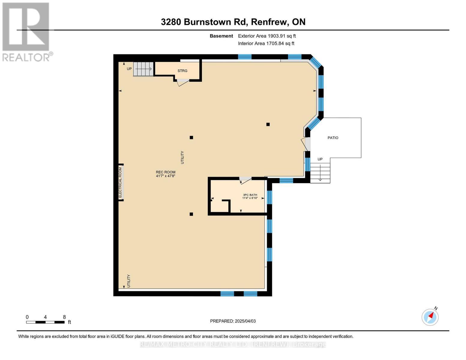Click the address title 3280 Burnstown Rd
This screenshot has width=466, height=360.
tap(233, 22)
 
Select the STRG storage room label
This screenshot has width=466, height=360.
tap(182, 71)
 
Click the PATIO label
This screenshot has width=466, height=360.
tap(333, 138)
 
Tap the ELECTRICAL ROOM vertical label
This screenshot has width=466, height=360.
tap(120, 182)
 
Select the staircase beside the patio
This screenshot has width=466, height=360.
tap(320, 173)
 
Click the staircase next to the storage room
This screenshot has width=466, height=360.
tap(143, 69)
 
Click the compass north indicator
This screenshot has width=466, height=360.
tap(431, 316)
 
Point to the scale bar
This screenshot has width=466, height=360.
tap(45, 322)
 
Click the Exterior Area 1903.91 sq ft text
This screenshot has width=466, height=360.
tap(267, 36)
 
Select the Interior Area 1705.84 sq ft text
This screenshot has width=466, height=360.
tap(266, 43)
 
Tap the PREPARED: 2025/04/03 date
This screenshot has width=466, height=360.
tap(233, 321)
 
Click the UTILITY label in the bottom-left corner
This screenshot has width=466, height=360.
tap(129, 281)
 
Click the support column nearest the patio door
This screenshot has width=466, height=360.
tap(268, 124)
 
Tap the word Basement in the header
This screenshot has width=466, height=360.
tap(221, 36)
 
